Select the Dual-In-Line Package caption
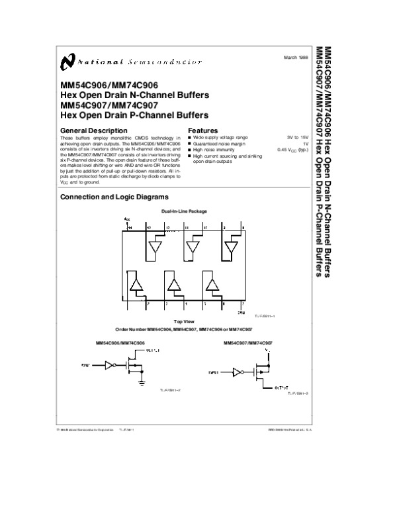[185, 211]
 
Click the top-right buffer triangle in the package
[232, 248]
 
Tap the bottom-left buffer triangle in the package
[135, 285]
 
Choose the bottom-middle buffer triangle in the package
[173, 285]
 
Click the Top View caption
[183, 321]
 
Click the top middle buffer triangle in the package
[193, 248]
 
